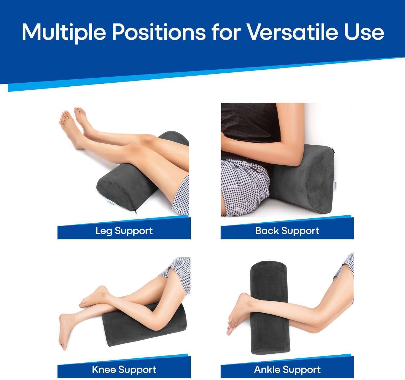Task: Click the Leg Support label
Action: [124, 231]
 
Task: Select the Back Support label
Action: [287, 231]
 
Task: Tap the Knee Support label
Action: [124, 369]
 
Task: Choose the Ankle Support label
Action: [287, 369]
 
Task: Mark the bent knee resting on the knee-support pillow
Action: [157, 324]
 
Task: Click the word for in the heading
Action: [226, 32]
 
